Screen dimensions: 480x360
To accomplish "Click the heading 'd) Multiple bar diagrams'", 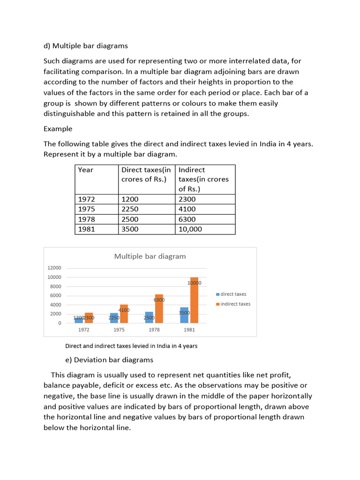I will [x=85, y=46].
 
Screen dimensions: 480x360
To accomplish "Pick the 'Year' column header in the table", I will [x=86, y=170].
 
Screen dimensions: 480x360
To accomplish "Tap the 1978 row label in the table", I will [x=87, y=219].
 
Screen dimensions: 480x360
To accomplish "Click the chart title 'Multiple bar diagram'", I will [x=150, y=256].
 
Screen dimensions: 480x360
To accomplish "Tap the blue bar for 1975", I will [x=114, y=318].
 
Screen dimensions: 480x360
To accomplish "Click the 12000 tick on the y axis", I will [x=54, y=268].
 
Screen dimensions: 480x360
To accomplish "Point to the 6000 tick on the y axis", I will [x=56, y=295].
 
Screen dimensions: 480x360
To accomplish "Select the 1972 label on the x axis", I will [x=84, y=330].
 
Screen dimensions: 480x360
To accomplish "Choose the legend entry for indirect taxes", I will [x=235, y=304].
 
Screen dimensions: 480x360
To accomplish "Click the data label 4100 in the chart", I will [x=124, y=310].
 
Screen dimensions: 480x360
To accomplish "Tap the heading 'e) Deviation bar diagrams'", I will [x=109, y=360].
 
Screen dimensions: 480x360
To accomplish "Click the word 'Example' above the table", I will [x=58, y=128].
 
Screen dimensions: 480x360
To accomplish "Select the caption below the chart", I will [x=131, y=346].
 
